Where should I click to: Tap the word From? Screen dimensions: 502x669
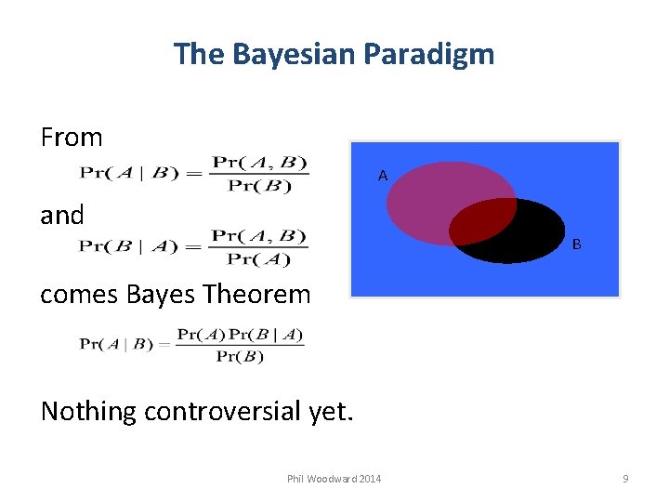point(72,138)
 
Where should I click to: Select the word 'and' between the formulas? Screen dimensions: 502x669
point(62,216)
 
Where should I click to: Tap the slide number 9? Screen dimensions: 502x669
point(625,479)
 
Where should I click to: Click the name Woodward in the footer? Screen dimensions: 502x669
point(331,479)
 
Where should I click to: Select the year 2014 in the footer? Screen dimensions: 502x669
point(369,479)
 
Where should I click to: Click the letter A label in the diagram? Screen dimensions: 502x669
point(382,175)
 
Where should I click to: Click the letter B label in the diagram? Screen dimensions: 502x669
point(577,244)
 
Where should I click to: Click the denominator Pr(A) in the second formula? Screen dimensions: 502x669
point(259,259)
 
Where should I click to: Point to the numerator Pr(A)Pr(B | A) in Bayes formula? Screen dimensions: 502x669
point(240,335)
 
